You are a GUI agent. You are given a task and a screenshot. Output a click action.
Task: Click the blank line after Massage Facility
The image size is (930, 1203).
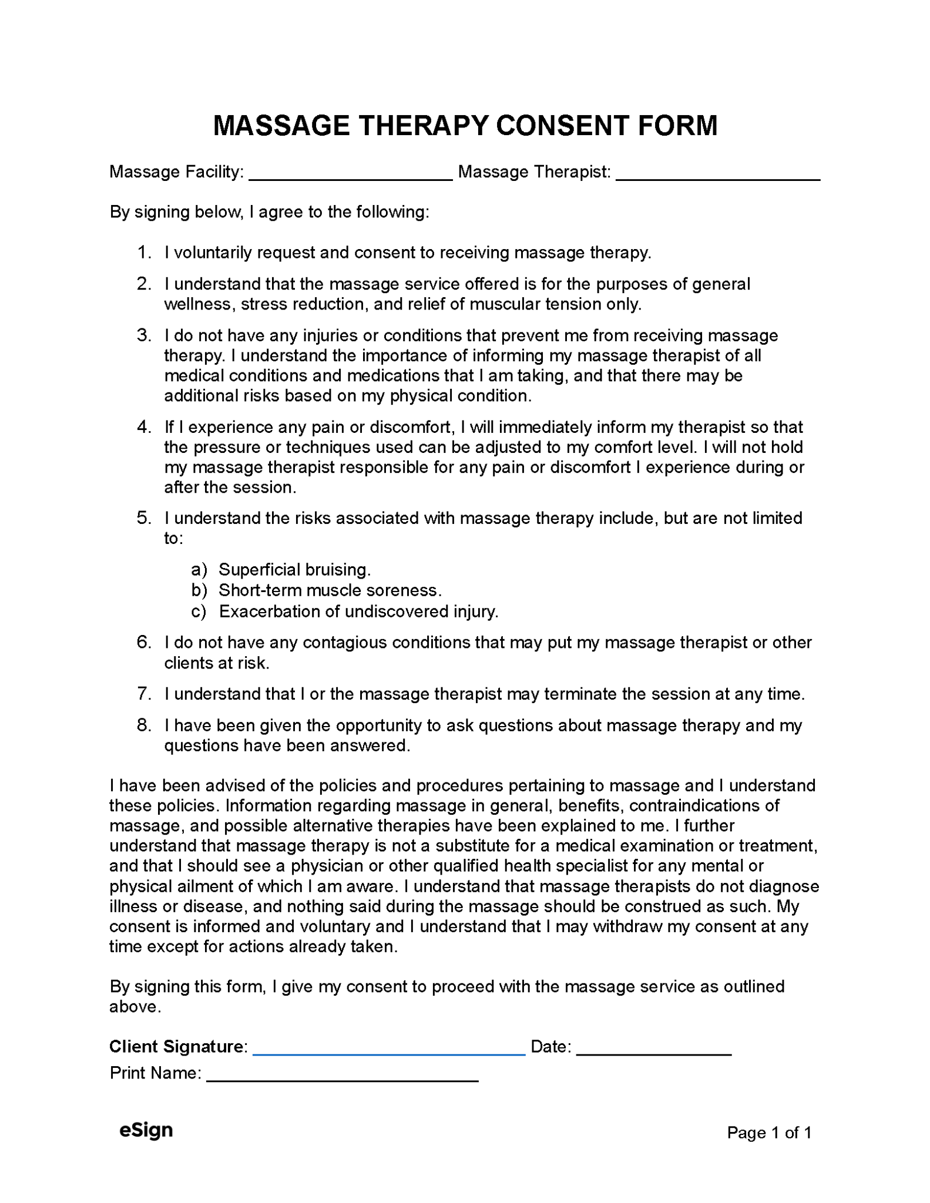tap(351, 179)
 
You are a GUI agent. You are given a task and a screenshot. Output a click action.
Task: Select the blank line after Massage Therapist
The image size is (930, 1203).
tap(717, 179)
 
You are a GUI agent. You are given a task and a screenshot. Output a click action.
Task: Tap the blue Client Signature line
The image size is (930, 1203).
tap(388, 1054)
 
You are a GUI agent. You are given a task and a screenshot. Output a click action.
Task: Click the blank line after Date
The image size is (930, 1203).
tap(653, 1054)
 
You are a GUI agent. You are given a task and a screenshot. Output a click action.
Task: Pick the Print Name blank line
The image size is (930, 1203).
tap(343, 1081)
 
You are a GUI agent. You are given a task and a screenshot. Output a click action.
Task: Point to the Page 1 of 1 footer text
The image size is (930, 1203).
tap(768, 1133)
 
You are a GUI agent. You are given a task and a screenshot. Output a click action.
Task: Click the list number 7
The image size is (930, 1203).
tap(144, 694)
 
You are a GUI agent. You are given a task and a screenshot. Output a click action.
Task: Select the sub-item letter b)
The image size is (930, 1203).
tap(199, 590)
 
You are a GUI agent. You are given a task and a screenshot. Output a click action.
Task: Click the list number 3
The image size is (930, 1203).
tap(144, 335)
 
